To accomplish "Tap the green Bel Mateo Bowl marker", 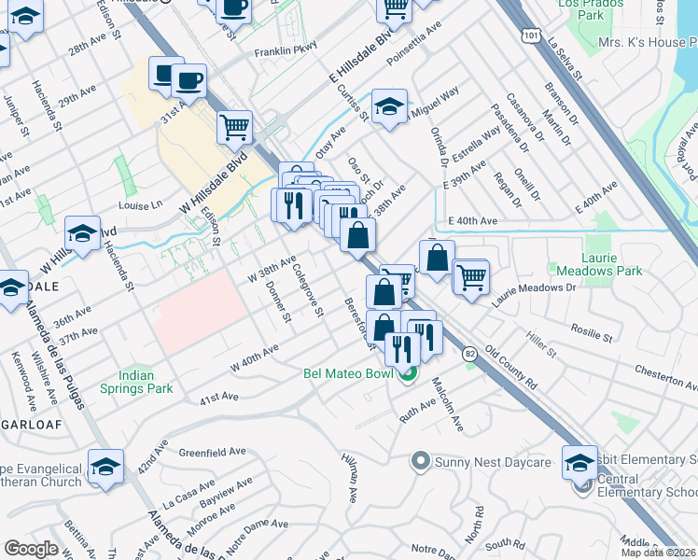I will point(407,375).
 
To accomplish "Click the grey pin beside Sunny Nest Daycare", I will point(420,460).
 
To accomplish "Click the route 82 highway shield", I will point(468,353).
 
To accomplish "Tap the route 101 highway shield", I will point(530,35).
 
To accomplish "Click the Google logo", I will point(31,548).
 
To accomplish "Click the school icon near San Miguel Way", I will point(388,106).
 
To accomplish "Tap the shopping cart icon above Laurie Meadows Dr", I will point(471,276).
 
